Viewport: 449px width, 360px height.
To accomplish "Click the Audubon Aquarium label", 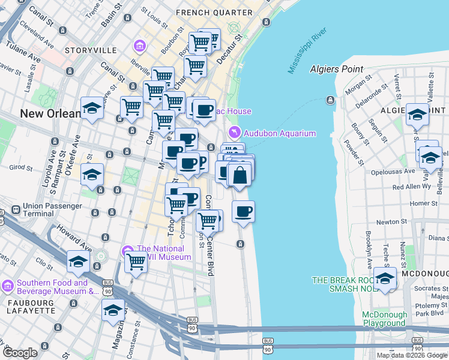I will pos(280,133).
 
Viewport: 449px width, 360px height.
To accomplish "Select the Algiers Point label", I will pos(337,69).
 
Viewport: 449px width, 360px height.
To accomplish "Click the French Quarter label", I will pos(206,12).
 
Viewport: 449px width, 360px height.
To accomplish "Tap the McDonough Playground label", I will pos(384,319).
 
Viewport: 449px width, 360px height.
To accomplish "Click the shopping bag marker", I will pos(240,175).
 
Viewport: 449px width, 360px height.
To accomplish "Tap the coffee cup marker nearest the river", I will pos(243,211).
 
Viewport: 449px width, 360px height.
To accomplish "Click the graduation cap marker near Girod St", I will pos(92,174).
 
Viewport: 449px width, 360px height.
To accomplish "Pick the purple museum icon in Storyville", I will pos(140,46).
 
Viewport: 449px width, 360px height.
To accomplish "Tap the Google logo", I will pos(20,352).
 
